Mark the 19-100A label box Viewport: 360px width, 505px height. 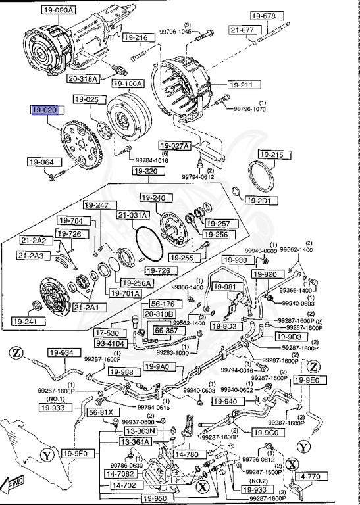(x=127, y=84)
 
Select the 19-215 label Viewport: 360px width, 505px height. (x=273, y=155)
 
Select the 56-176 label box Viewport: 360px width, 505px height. (x=163, y=304)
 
